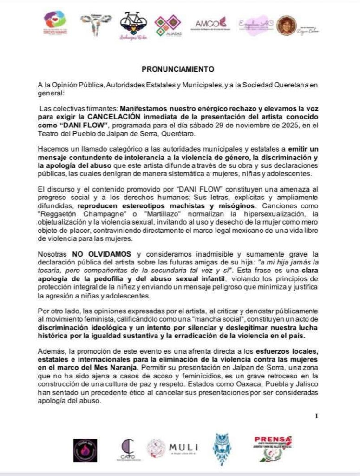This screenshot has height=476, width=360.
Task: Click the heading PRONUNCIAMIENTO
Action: (177, 69)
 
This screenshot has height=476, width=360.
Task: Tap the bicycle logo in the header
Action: (133, 23)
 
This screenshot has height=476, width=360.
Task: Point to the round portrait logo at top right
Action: (286, 25)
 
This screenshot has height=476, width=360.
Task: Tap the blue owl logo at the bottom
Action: (222, 449)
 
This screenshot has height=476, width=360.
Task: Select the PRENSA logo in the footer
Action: (273, 448)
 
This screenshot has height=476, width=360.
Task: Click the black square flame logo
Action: (85, 450)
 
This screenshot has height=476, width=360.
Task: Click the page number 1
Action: (316, 416)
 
